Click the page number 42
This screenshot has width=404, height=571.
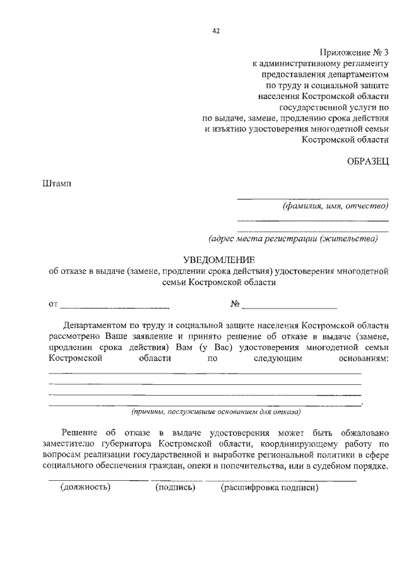pyautogui.click(x=216, y=30)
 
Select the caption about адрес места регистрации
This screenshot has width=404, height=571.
pyautogui.click(x=293, y=238)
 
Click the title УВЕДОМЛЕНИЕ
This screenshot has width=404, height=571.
pyautogui.click(x=218, y=260)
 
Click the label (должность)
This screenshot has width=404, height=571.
pyautogui.click(x=85, y=488)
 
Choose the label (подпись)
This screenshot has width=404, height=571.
pyautogui.click(x=175, y=488)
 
